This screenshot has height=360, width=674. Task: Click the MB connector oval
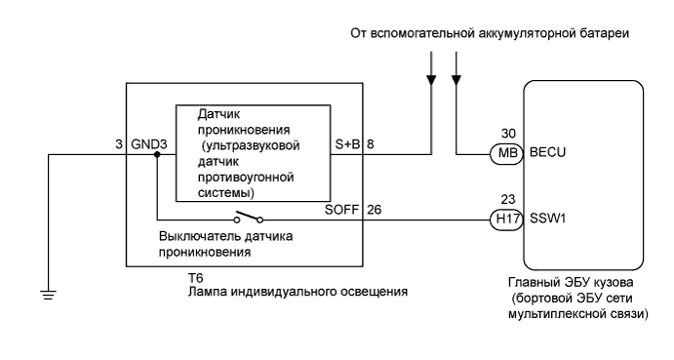click(505, 154)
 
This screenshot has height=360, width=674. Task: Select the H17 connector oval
click(505, 220)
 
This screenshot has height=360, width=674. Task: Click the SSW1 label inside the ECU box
click(548, 220)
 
